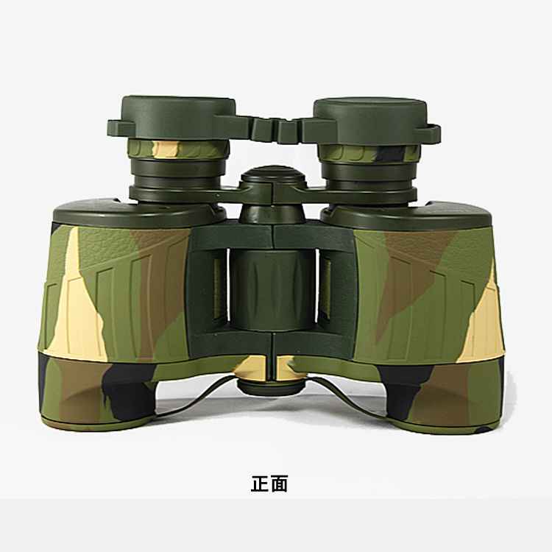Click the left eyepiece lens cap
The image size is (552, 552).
point(178,118)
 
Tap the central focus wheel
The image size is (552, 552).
point(272,290)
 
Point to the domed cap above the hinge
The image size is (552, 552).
point(273,174)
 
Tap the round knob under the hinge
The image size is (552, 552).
point(271,386)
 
